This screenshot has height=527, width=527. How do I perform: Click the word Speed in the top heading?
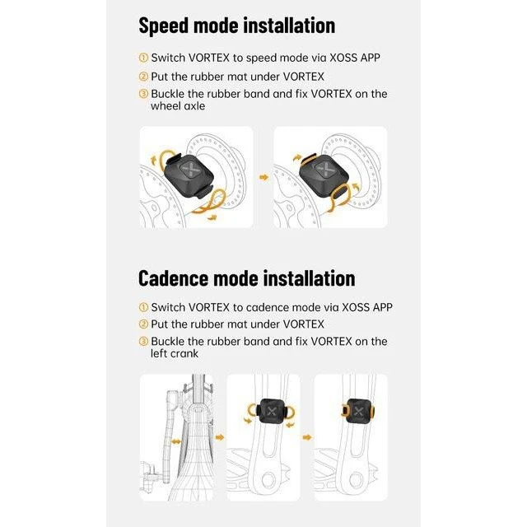pyautogui.click(x=163, y=26)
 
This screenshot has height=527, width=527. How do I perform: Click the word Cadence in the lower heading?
pyautogui.click(x=173, y=278)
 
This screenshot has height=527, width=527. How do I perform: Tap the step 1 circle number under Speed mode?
pyautogui.click(x=143, y=58)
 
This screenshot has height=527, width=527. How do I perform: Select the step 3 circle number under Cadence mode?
pyautogui.click(x=143, y=341)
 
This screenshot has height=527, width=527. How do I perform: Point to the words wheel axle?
pyautogui.click(x=178, y=106)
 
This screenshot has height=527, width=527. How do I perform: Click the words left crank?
pyautogui.click(x=175, y=353)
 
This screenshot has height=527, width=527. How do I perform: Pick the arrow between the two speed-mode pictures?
pyautogui.click(x=264, y=177)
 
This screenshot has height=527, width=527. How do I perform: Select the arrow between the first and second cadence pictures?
pyautogui.click(x=220, y=437)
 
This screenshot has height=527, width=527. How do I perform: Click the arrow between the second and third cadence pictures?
pyautogui.click(x=307, y=437)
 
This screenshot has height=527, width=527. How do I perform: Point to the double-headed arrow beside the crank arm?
pyautogui.click(x=176, y=441)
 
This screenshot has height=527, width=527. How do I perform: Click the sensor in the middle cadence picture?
pyautogui.click(x=271, y=411)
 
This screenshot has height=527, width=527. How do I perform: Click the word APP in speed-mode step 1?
pyautogui.click(x=370, y=58)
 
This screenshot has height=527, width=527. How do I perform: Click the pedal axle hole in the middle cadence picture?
pyautogui.click(x=268, y=480)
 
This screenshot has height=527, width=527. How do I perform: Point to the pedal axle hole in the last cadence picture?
pyautogui.click(x=356, y=480)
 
